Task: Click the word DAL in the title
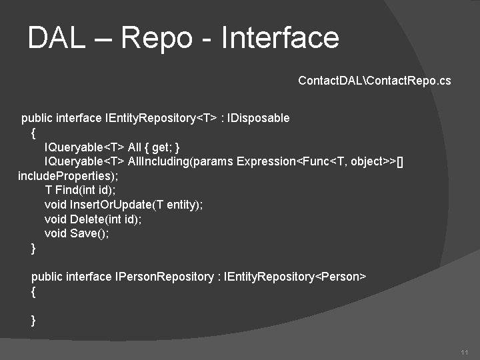pyautogui.click(x=57, y=38)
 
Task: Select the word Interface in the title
pyautogui.click(x=279, y=38)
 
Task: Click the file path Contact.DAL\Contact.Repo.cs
pyautogui.click(x=374, y=81)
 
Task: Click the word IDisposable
pyautogui.click(x=259, y=118)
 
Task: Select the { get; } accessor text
pyautogui.click(x=163, y=147)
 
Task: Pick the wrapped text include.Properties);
pyautogui.click(x=68, y=176)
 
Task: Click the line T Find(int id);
pyautogui.click(x=80, y=190)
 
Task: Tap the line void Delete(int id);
pyautogui.click(x=93, y=219)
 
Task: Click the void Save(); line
pyautogui.click(x=76, y=233)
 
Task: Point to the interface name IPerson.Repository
pyautogui.click(x=164, y=277)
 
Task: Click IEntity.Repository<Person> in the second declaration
pyautogui.click(x=295, y=277)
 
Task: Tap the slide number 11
pyautogui.click(x=465, y=352)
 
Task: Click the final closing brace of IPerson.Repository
pyautogui.click(x=34, y=320)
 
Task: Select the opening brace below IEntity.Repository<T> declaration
pyautogui.click(x=34, y=133)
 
